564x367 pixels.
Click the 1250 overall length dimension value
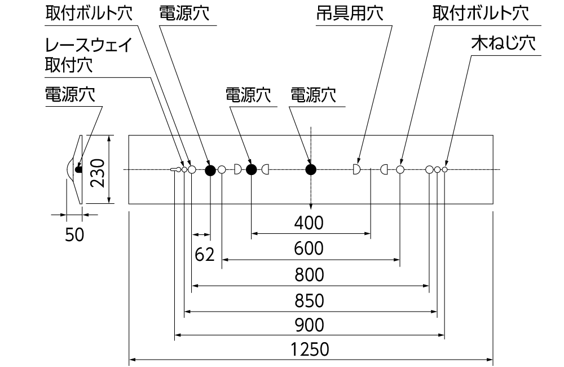pyautogui.click(x=310, y=349)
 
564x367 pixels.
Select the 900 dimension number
pyautogui.click(x=310, y=326)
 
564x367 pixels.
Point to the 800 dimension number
pyautogui.click(x=310, y=276)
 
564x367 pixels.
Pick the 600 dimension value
pyautogui.click(x=310, y=248)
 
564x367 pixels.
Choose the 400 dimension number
pyautogui.click(x=310, y=223)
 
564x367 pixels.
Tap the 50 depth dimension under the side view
pyautogui.click(x=74, y=235)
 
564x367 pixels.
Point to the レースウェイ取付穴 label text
pyautogui.click(x=90, y=55)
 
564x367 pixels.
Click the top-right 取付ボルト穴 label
pyautogui.click(x=481, y=15)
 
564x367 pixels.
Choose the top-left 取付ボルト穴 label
pyautogui.click(x=90, y=15)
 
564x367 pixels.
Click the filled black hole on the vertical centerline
pyautogui.click(x=311, y=169)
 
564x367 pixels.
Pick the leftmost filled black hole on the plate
pyautogui.click(x=210, y=169)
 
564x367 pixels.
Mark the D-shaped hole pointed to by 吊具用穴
pyautogui.click(x=356, y=169)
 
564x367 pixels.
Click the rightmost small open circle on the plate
pyautogui.click(x=445, y=169)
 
